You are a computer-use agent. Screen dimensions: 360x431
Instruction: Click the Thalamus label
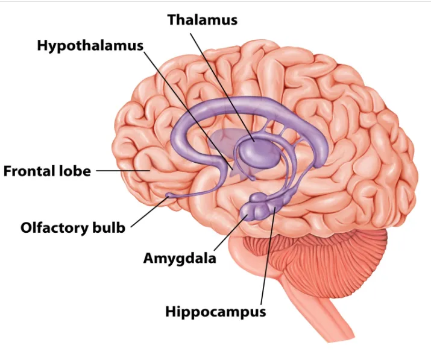pos(202,19)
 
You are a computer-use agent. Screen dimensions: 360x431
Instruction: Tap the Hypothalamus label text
pos(90,46)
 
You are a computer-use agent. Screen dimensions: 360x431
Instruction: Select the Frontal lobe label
pos(47,171)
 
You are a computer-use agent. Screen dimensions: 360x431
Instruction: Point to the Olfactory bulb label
pos(73,228)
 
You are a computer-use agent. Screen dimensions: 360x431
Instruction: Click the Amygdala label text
pos(180,258)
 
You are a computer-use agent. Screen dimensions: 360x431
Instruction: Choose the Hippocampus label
pos(215,312)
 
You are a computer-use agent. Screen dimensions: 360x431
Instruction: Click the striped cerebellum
pos(344,253)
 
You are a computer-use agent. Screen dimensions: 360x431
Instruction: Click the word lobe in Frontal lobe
pos(75,171)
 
